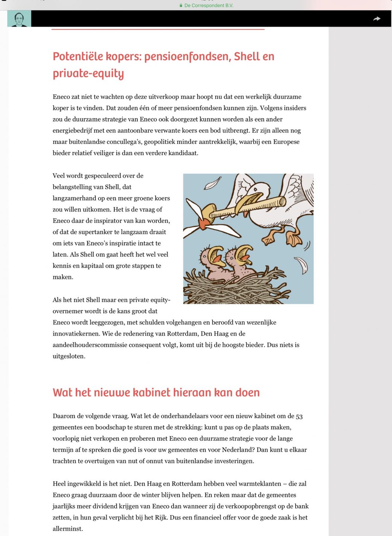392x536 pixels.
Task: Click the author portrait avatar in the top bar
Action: pos(19,19)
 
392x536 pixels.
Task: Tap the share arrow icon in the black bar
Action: pos(377,18)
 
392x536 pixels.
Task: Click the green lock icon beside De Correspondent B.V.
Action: pos(181,6)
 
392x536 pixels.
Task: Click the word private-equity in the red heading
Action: pos(88,73)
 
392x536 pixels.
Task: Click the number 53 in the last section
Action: pos(299,416)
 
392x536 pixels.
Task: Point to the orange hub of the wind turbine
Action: pos(203,225)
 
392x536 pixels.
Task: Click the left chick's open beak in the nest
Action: pos(216,254)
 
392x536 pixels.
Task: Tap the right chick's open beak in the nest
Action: pos(243,254)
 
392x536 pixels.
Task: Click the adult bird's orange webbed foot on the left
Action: pos(269,237)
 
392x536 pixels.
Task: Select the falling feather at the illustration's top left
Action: pos(213,183)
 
